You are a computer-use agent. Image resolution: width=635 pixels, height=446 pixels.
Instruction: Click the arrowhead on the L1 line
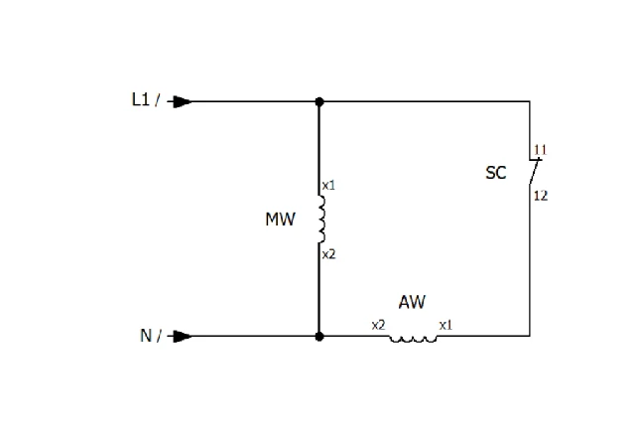coord(183,101)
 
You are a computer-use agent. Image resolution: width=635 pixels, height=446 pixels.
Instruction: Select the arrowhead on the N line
coord(183,336)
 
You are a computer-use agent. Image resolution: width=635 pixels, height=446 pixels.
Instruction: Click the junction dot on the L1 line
coord(319,101)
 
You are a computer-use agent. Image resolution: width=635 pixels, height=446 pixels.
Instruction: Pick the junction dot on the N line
coord(319,336)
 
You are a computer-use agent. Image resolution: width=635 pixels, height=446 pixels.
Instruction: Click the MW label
coord(280,220)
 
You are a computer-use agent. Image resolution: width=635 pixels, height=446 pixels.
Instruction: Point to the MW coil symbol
coord(321,219)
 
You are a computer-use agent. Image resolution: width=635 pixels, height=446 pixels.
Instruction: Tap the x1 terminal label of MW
coord(328,186)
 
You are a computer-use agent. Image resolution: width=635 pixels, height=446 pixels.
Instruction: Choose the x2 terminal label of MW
coord(328,254)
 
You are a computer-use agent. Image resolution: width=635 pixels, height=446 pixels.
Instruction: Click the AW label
coord(412,302)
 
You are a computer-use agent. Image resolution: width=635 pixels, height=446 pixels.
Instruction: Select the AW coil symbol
coord(413,340)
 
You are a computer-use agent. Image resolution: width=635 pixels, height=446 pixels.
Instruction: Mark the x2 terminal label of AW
coord(379,325)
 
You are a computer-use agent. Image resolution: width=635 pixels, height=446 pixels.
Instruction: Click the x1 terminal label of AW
coord(445,325)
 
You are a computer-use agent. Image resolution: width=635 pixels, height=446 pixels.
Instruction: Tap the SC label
coord(496,173)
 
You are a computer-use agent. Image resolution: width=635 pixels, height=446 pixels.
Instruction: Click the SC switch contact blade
coord(534,172)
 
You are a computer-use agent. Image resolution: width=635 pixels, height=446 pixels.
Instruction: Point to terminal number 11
coord(540,150)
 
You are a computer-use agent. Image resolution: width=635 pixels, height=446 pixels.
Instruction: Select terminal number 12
coord(541,196)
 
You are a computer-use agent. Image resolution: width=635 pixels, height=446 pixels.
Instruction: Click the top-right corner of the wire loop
coord(530,101)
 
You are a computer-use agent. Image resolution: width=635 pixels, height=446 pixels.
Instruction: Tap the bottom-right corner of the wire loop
coord(530,336)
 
